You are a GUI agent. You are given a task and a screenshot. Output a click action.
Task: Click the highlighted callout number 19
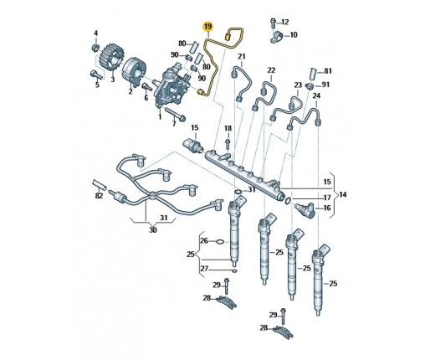pos(207,27)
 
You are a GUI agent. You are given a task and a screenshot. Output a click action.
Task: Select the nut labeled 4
pos(95,48)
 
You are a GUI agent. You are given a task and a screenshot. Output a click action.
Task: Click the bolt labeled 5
pos(95,75)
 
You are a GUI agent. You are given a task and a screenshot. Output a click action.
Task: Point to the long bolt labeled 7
pos(175,114)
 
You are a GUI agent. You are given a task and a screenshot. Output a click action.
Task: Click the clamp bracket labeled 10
pos(276,38)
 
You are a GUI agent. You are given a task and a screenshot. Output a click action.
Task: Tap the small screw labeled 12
pos(273,23)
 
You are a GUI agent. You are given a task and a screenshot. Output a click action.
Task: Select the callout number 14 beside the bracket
pos(343,194)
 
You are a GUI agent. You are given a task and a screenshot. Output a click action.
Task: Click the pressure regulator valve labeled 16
pos(305,211)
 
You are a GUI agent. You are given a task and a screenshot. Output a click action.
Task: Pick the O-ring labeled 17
pos(289,200)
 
